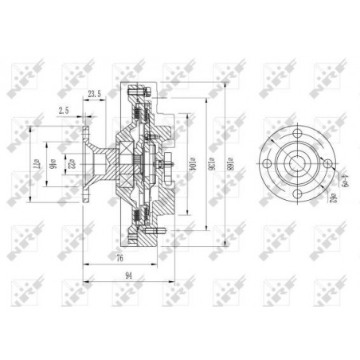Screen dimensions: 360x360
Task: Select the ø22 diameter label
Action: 71,165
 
